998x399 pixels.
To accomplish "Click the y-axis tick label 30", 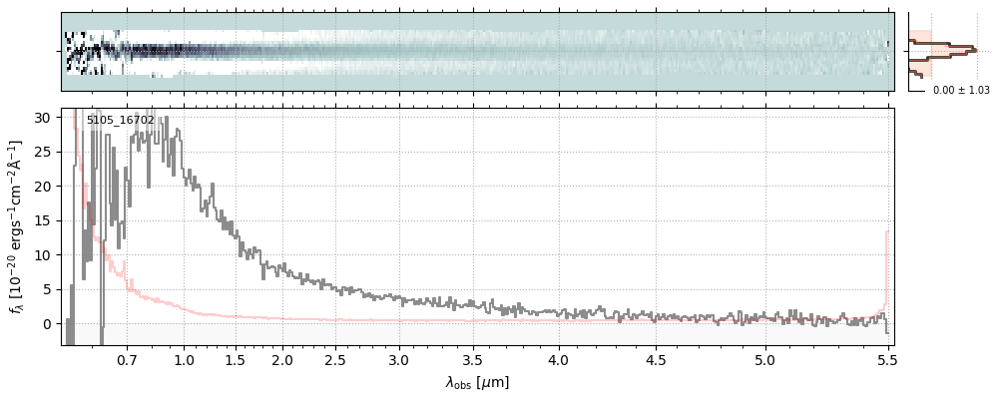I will (x=44, y=118).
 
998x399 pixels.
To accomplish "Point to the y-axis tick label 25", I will (x=44, y=152).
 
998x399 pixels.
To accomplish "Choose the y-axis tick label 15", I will (x=44, y=220).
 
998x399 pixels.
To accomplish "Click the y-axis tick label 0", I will (x=47, y=324).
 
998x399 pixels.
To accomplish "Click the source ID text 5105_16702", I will (x=120, y=120).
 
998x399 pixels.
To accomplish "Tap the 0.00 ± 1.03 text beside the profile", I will (x=961, y=90).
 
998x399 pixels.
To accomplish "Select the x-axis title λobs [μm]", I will (x=477, y=382).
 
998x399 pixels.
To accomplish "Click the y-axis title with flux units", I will (x=17, y=227).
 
